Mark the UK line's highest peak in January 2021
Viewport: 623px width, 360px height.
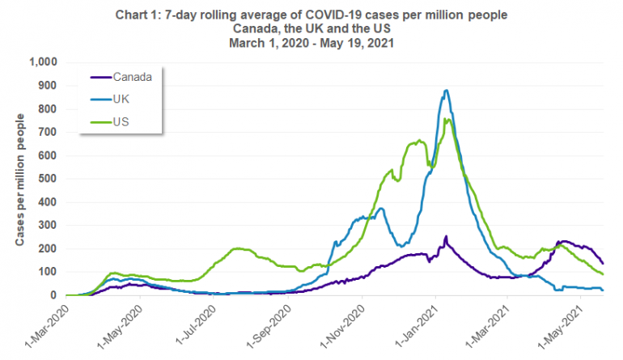[446, 91]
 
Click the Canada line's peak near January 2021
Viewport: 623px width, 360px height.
[446, 236]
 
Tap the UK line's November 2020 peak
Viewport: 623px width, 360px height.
[381, 209]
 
